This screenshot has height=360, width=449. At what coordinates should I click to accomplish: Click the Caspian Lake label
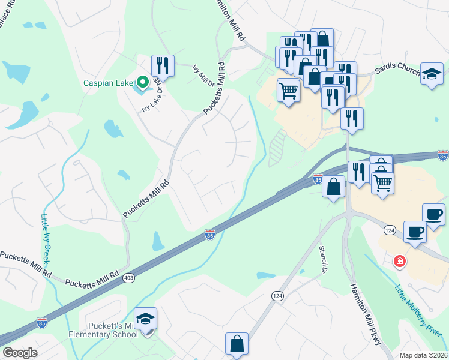pyautogui.click(x=107, y=83)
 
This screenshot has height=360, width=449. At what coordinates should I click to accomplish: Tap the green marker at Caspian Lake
pyautogui.click(x=142, y=82)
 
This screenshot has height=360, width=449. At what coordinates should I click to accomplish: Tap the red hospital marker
pyautogui.click(x=399, y=262)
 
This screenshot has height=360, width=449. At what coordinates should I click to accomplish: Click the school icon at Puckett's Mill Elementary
pyautogui.click(x=145, y=319)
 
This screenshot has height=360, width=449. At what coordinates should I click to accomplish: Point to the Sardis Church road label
pyautogui.click(x=397, y=71)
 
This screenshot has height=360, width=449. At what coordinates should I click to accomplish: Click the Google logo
pyautogui.click(x=20, y=352)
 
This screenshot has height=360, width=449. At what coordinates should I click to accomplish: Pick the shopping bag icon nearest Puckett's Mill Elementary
pyautogui.click(x=237, y=344)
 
